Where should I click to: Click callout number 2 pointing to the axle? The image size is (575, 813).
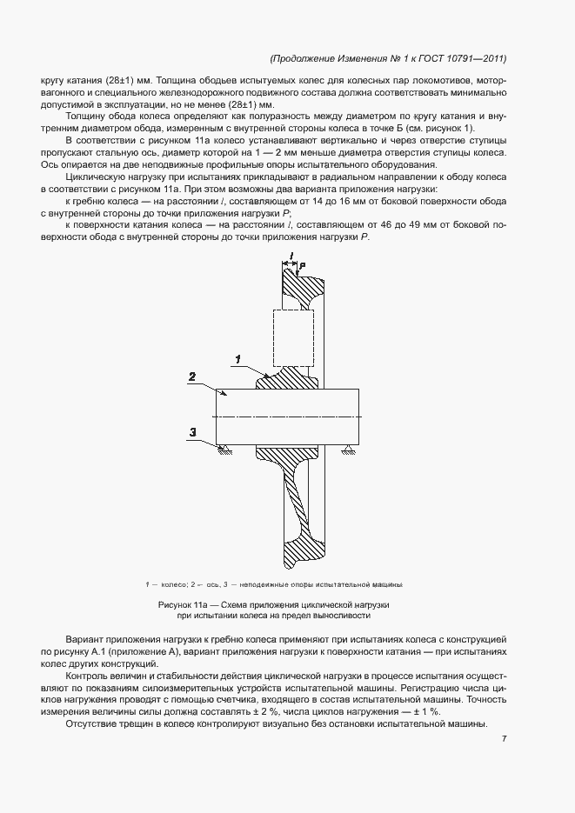pos(191,377)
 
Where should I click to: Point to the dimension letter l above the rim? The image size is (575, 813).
pos(291,255)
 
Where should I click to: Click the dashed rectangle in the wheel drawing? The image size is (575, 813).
pos(293,338)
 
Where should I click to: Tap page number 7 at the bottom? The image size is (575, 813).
pos(505,740)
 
